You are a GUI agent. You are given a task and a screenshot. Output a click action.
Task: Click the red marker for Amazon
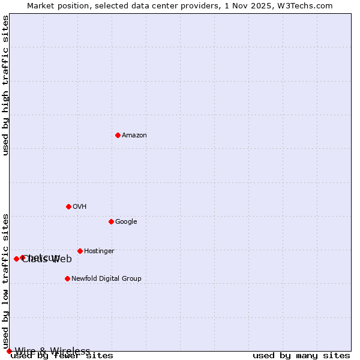click(x=118, y=135)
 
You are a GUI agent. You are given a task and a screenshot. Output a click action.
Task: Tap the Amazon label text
click(x=134, y=136)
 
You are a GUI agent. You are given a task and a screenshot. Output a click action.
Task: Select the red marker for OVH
click(x=68, y=206)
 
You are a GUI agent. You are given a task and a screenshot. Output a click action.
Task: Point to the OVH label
click(x=80, y=207)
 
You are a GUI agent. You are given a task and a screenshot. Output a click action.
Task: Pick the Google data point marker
click(x=111, y=221)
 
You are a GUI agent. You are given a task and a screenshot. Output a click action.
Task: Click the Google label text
click(x=126, y=222)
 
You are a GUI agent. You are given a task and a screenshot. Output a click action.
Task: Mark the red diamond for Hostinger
click(x=80, y=251)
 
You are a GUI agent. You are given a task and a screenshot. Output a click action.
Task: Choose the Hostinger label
click(x=99, y=251)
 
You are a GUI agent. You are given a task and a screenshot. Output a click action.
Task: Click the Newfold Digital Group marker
click(x=67, y=278)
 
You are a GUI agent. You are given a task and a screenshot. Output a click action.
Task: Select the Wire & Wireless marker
click(x=9, y=351)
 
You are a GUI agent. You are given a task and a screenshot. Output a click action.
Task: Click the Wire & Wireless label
click(x=53, y=351)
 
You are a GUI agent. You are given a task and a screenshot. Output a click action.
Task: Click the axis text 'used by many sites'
click(x=301, y=356)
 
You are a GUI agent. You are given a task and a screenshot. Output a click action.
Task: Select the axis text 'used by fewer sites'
click(x=62, y=356)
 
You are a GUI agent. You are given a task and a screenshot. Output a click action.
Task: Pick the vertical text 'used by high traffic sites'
click(x=6, y=86)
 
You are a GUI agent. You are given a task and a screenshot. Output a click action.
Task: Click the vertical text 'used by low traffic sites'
click(x=6, y=281)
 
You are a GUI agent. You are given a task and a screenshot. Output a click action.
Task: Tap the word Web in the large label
click(x=62, y=259)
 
